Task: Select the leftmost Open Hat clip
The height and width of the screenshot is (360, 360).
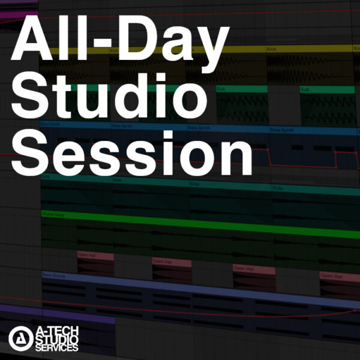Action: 95,256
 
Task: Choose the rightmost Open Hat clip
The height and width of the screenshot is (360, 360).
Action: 339,277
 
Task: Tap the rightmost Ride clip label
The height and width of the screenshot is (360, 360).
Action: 278,188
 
